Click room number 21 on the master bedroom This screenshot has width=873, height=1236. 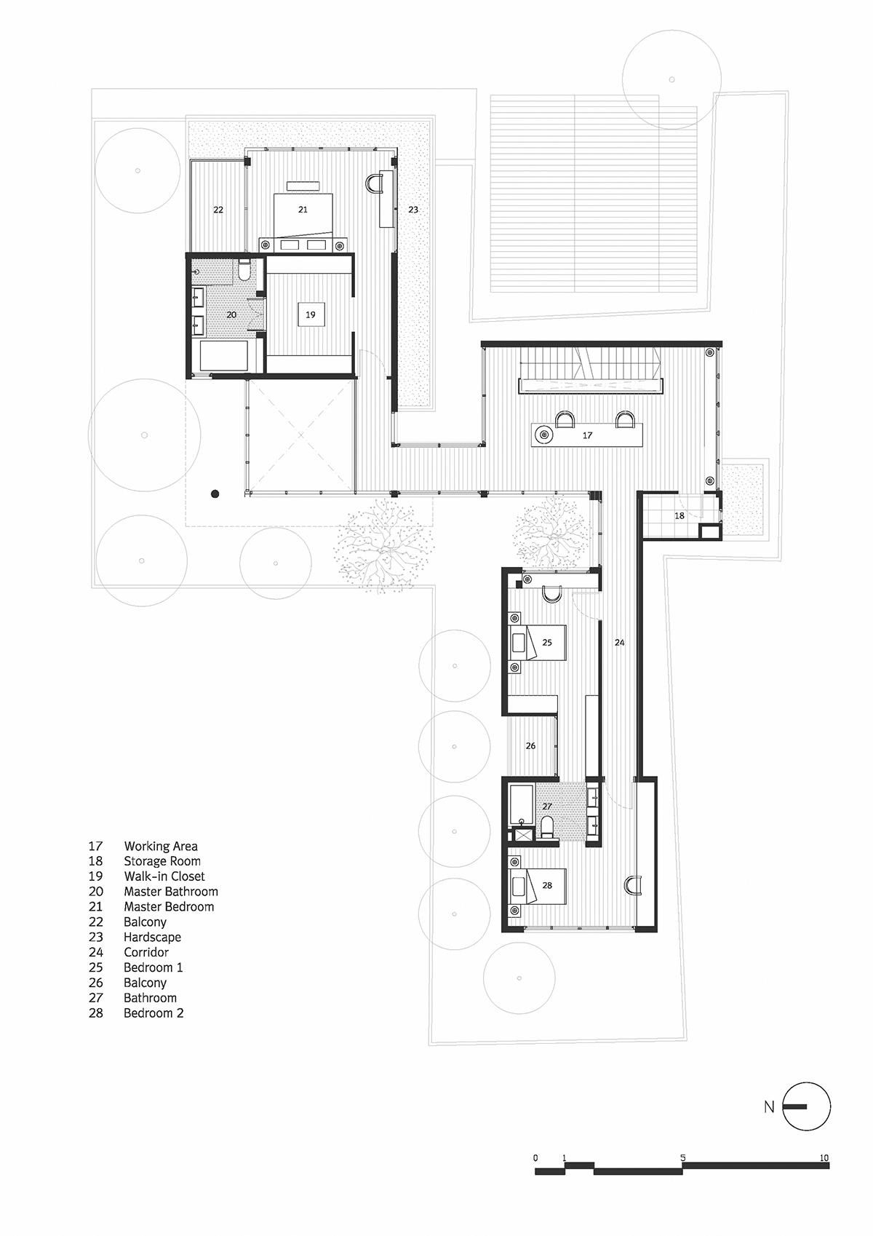[x=303, y=210]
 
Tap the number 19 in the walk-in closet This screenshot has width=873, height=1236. [x=311, y=315]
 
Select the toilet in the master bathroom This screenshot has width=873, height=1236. [x=244, y=273]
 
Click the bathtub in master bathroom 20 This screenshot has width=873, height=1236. [x=224, y=358]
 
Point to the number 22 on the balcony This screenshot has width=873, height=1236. [x=218, y=210]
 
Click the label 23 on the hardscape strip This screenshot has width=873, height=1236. [x=413, y=210]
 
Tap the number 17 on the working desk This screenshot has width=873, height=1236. [x=588, y=435]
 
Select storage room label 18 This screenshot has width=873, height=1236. [x=679, y=515]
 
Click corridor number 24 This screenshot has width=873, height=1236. [x=619, y=643]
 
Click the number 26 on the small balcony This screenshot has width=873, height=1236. [x=531, y=746]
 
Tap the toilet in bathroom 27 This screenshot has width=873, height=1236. [x=547, y=826]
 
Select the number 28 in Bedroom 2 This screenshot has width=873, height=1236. [x=547, y=886]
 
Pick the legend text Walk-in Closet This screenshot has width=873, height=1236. [x=164, y=876]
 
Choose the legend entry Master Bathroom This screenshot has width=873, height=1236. [x=171, y=892]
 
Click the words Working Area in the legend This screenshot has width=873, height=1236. [x=161, y=846]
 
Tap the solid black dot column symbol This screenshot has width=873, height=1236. [x=215, y=494]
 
